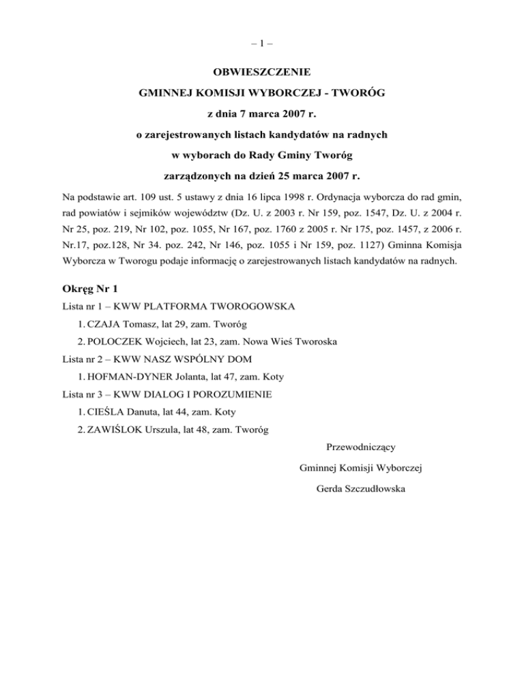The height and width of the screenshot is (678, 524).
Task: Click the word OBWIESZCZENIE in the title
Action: click(261, 71)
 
